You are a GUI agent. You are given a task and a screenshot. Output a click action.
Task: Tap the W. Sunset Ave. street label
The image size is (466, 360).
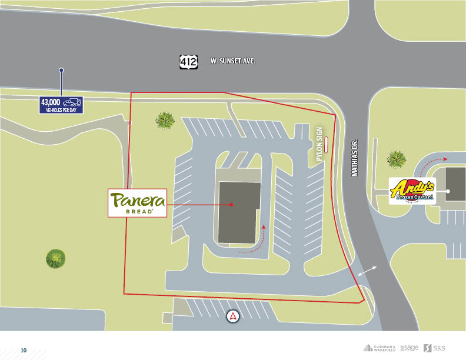pos(233,61)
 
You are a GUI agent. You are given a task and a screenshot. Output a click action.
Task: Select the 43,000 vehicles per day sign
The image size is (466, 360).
pos(61,105)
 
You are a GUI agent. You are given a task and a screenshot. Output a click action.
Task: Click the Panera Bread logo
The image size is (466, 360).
pos(137,203)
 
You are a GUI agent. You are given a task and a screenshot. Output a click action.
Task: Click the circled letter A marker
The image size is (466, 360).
pos(234,316)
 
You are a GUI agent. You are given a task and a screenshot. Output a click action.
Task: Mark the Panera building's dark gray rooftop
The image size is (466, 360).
pos(239,212)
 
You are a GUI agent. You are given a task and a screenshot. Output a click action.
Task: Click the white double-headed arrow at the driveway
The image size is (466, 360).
pos(366,271)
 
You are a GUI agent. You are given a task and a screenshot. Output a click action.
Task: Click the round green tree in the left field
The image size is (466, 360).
pos(56,258)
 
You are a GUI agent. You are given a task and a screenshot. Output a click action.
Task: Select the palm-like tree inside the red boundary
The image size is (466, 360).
pos(165,121)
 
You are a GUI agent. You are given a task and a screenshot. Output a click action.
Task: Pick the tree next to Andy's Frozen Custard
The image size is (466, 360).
pos(397,159)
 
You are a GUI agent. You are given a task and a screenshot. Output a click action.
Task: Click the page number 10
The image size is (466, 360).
pos(24,350)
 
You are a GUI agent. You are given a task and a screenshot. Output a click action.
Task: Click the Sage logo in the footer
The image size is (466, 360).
pos(409,348)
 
